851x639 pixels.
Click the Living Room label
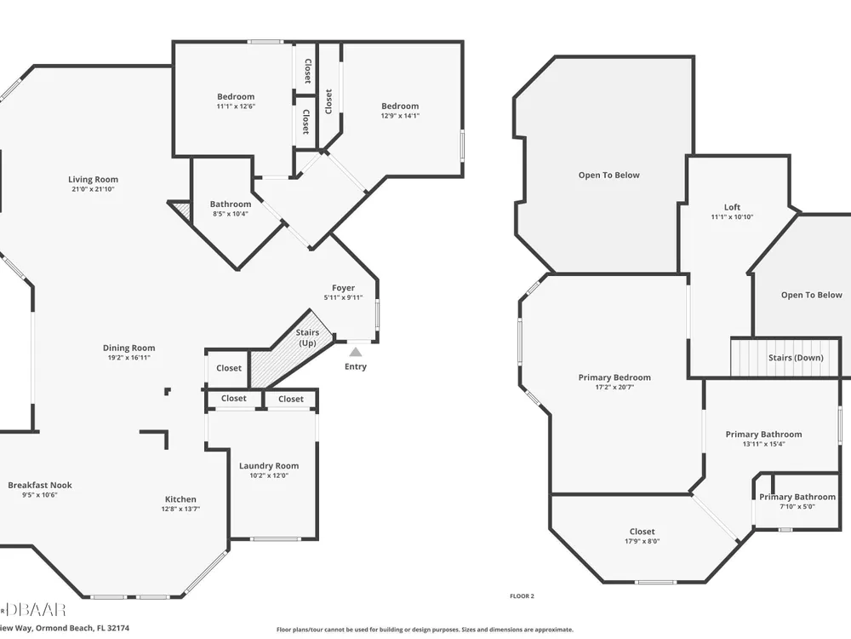tap(93, 179)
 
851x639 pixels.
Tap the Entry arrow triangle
tap(356, 352)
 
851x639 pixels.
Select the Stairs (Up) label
tap(307, 337)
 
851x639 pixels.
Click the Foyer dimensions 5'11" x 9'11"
tap(343, 297)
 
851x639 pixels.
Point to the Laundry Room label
tap(269, 466)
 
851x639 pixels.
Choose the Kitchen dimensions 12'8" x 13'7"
tap(180, 509)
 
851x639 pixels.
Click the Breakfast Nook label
tap(40, 486)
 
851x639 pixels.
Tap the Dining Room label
tap(129, 348)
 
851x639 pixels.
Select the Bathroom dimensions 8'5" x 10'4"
tap(231, 214)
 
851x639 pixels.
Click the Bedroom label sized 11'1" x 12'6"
tap(236, 97)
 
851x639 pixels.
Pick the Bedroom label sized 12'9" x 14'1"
tap(400, 106)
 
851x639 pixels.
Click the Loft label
tap(732, 207)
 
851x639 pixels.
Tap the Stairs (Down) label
tap(796, 358)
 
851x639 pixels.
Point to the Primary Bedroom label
tap(614, 377)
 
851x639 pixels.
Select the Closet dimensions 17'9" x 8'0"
tap(642, 541)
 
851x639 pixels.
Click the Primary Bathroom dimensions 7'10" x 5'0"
tap(797, 506)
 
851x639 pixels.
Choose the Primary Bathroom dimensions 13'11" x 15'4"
tap(763, 444)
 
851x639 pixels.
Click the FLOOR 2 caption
tap(522, 596)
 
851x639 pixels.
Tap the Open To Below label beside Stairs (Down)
tap(811, 295)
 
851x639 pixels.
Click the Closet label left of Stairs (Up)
tap(228, 368)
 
